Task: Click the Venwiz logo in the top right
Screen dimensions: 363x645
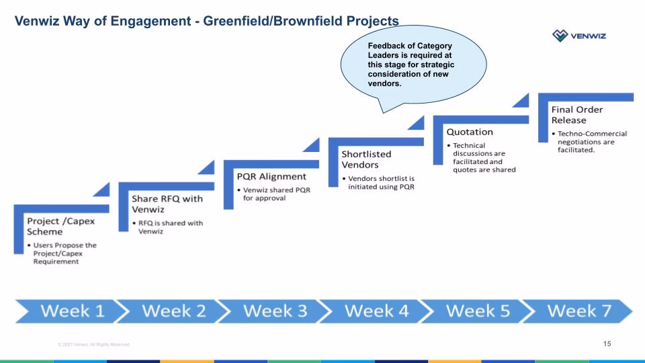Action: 578,36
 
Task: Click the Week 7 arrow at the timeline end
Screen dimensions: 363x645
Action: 574,311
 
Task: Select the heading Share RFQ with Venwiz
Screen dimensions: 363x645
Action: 167,204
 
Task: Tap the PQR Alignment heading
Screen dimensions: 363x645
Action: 271,176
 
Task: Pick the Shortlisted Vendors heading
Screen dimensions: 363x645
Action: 366,159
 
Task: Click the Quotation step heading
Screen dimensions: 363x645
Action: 470,132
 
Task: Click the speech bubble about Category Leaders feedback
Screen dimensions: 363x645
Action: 411,65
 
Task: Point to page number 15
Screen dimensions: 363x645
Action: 607,344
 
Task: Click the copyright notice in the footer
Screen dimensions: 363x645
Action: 93,345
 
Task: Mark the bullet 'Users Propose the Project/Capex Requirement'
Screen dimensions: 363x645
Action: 64,253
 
